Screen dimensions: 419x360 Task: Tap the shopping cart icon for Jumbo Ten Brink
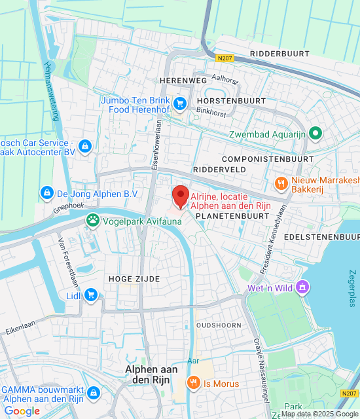[181, 104]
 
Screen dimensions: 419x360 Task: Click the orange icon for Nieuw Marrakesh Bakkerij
[281, 184]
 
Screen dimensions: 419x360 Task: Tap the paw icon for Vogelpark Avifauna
[93, 221]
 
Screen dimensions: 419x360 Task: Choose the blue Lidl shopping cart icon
[91, 295]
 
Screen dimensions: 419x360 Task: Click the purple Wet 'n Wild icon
[302, 287]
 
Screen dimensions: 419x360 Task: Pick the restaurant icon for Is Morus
[193, 383]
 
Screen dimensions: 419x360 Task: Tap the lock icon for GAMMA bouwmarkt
[94, 392]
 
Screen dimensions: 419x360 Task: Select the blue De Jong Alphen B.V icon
[46, 193]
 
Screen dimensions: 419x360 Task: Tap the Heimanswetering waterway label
[50, 91]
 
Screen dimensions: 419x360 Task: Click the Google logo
[22, 411]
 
